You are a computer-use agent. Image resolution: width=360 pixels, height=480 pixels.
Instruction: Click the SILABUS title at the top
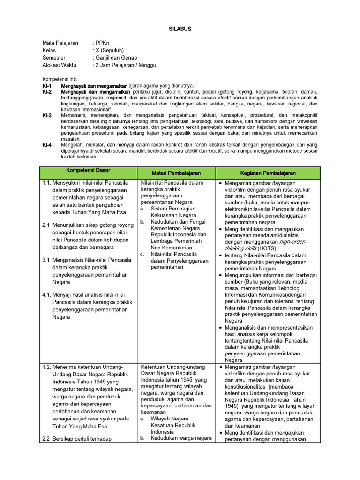point(180,29)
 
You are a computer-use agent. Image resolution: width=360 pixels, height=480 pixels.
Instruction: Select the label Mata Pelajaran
point(60,43)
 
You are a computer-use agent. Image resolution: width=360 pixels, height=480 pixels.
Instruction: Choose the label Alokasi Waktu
point(59,65)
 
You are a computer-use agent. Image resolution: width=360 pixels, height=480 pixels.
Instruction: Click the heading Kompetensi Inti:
point(60,79)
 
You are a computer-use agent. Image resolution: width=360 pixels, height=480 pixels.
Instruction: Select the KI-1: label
point(48,86)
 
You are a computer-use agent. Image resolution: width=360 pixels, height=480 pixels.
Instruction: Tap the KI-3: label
point(48,115)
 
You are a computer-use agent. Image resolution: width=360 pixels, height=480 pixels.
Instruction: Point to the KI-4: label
point(48,145)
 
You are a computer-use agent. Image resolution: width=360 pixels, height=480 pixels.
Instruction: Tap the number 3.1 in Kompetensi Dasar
point(46,259)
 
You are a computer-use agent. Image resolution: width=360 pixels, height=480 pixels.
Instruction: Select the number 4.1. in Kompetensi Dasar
point(47,294)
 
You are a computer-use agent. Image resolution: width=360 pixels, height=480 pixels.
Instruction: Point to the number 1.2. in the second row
point(47,367)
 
